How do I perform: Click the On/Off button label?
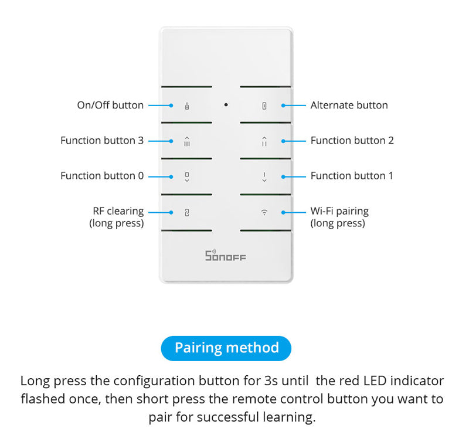(x=110, y=106)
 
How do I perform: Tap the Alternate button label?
(x=349, y=106)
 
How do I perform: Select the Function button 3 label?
(x=102, y=141)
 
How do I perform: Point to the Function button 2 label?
(x=352, y=141)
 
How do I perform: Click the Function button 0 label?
(x=102, y=176)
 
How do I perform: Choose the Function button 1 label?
(x=352, y=176)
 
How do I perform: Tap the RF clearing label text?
(x=118, y=211)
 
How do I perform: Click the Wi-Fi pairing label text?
(x=339, y=211)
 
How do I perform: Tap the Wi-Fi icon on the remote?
(x=264, y=213)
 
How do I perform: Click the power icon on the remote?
(x=187, y=107)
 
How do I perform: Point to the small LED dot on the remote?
(x=226, y=105)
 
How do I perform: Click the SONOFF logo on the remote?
(x=226, y=256)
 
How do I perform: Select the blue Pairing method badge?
(x=226, y=348)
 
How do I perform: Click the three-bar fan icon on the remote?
(x=187, y=141)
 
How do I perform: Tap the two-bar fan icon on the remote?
(x=264, y=141)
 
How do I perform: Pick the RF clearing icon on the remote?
(x=187, y=213)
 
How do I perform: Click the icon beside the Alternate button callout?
(x=264, y=106)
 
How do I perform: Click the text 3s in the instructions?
(x=271, y=381)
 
